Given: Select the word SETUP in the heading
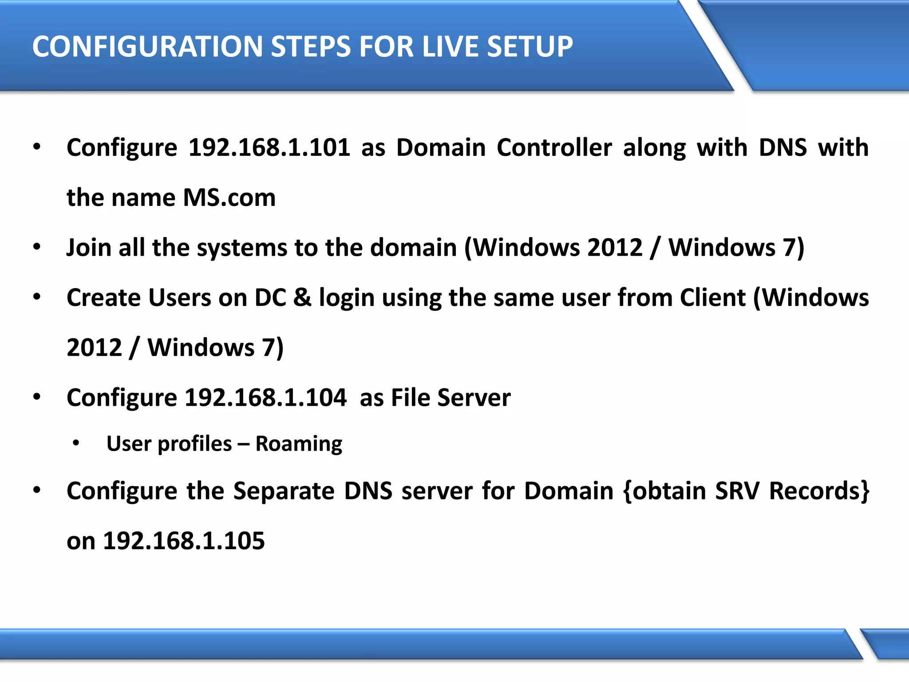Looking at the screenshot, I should (530, 47).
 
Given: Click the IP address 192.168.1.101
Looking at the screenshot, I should (269, 147).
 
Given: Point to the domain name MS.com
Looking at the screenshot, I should (229, 198).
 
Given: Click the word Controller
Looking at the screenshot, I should (554, 147).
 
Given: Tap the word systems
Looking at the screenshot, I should (242, 247).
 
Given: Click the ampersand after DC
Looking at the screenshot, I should (302, 297).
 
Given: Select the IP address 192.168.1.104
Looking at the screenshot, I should (265, 397).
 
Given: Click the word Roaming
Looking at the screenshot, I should (299, 444).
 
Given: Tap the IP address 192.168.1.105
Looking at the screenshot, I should (184, 541).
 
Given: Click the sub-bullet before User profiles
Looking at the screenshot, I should (76, 443).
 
